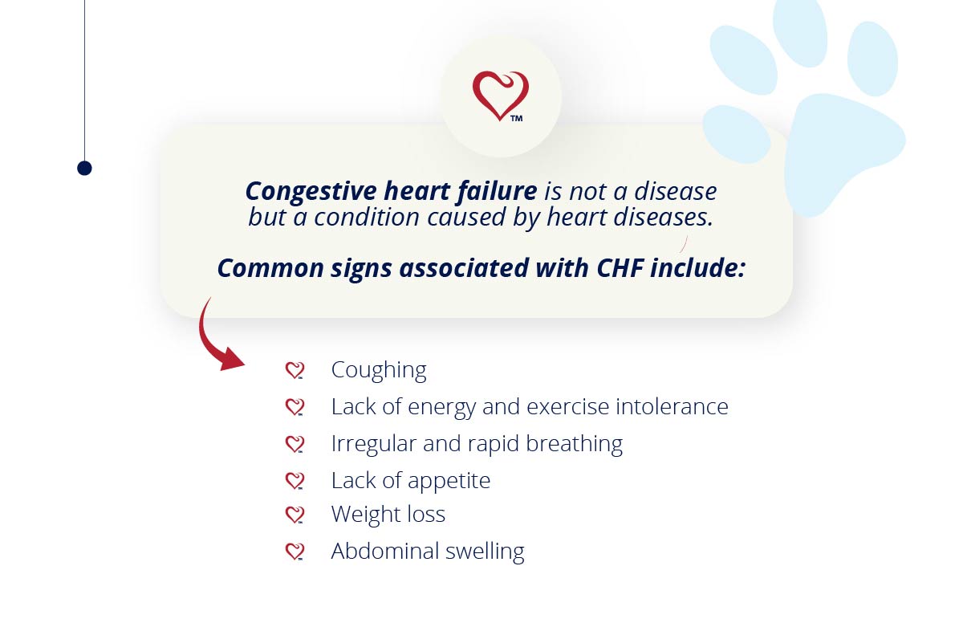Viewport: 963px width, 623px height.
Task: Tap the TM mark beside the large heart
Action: click(517, 119)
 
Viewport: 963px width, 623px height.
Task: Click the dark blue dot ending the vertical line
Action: click(85, 168)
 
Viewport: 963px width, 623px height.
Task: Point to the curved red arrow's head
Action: click(231, 360)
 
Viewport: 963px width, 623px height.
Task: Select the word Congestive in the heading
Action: click(311, 192)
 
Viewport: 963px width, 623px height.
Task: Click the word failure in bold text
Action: click(497, 190)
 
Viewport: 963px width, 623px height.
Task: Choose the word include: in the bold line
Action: click(697, 268)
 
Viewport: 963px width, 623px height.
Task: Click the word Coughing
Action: click(379, 370)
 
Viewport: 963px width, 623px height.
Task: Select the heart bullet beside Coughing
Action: click(295, 370)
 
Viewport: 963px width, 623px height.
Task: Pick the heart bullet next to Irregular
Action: click(295, 444)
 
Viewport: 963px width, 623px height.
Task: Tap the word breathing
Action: click(575, 444)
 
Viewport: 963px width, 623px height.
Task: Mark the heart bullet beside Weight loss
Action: click(295, 515)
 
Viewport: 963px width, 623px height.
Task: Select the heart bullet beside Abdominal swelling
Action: click(295, 552)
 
